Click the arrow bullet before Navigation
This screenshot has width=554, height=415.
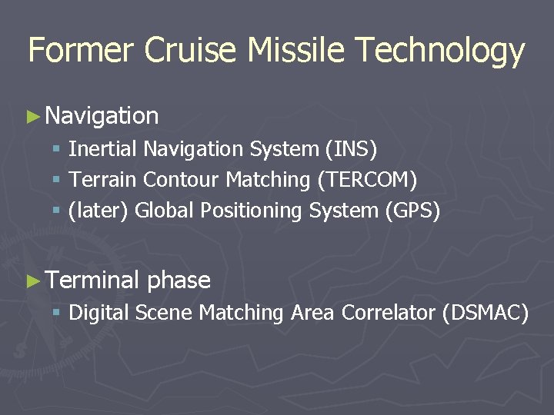tap(32, 117)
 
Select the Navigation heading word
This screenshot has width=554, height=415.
tap(102, 117)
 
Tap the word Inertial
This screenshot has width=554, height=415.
tap(103, 148)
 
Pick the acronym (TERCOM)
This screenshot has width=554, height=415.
tap(366, 180)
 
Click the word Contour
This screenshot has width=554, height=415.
tap(182, 180)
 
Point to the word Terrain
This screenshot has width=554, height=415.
tap(103, 180)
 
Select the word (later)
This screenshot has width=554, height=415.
tap(98, 211)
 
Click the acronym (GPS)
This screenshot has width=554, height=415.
tap(412, 211)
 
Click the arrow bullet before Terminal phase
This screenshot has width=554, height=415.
tap(32, 281)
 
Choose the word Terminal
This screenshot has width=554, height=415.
tap(92, 281)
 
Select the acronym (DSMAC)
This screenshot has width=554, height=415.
tap(486, 313)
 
